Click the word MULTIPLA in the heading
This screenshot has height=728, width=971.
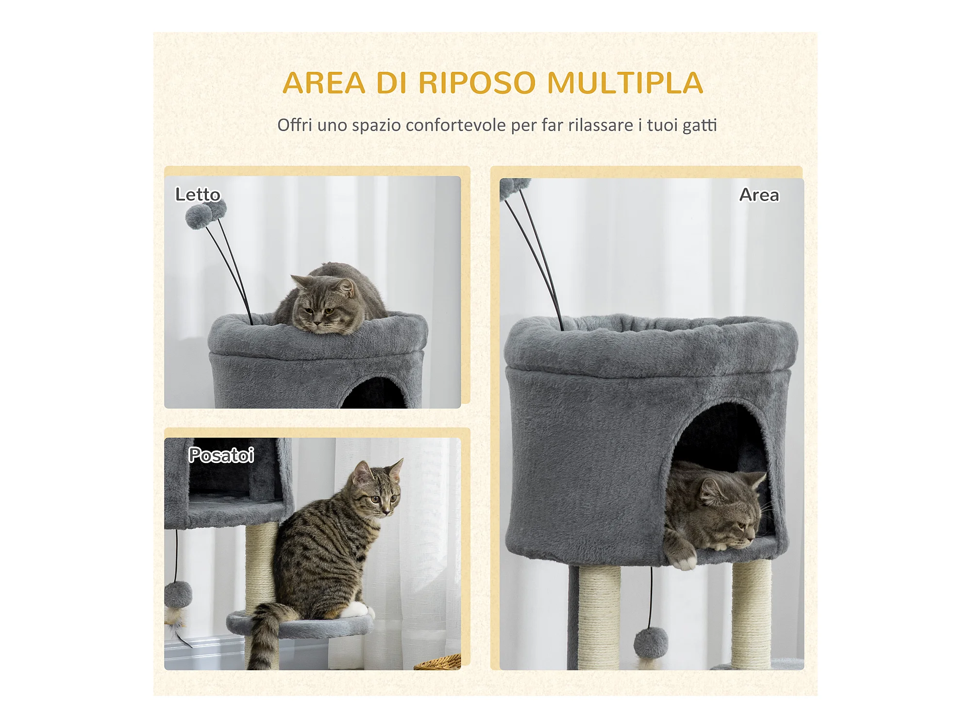click(625, 83)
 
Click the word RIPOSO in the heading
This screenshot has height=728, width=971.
click(477, 83)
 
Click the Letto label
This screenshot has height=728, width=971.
click(198, 195)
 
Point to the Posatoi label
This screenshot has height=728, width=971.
click(221, 455)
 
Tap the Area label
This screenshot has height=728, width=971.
click(759, 195)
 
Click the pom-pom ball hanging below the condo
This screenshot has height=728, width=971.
click(651, 643)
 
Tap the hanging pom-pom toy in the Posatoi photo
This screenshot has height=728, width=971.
click(178, 594)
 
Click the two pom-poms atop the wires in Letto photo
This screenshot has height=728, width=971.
click(205, 214)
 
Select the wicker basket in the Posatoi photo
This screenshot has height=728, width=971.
click(438, 662)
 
